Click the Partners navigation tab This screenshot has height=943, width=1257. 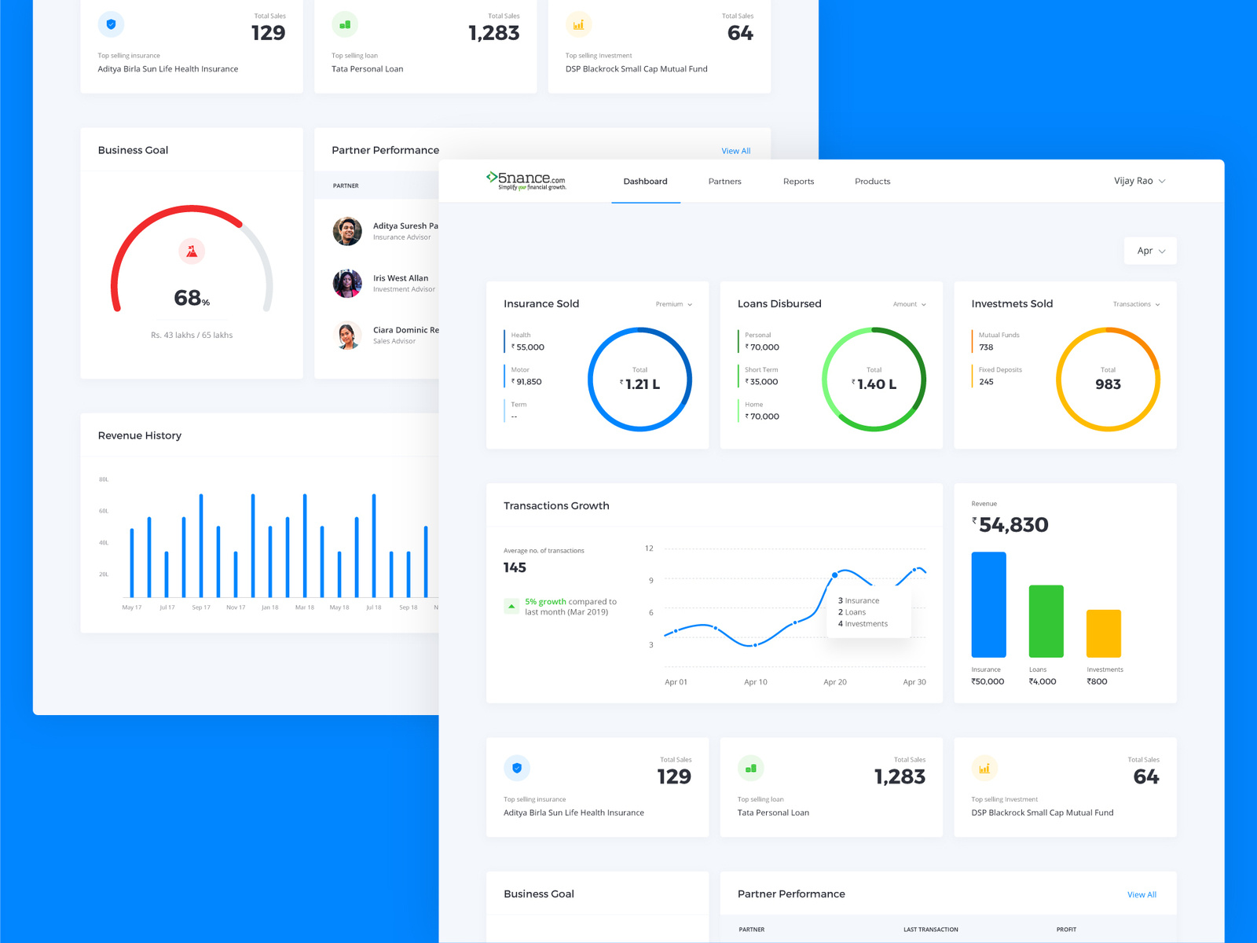(x=724, y=182)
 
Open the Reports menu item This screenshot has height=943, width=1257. (x=798, y=182)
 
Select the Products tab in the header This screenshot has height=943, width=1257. (x=872, y=182)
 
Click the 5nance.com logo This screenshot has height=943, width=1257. (x=526, y=181)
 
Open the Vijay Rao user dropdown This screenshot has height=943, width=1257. (x=1139, y=181)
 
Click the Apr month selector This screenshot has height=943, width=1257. (x=1150, y=251)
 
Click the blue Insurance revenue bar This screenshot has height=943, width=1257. (x=988, y=604)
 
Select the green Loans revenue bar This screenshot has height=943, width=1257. (x=1046, y=621)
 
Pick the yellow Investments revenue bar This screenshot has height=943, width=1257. (x=1103, y=633)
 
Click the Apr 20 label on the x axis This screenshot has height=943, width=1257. (x=834, y=682)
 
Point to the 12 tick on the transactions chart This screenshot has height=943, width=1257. (x=649, y=549)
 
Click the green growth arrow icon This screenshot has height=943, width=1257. (x=511, y=607)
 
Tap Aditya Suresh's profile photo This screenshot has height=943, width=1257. (x=347, y=231)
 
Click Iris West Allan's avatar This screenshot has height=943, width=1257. (x=347, y=284)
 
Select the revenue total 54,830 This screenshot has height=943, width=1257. (x=1013, y=525)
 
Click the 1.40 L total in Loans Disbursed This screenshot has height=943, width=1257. (x=875, y=384)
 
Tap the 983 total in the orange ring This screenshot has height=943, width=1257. (x=1108, y=384)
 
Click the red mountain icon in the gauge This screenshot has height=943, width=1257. (x=192, y=251)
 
